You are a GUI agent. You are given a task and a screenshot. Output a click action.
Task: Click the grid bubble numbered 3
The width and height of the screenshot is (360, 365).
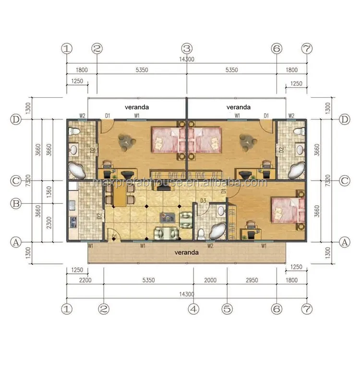(186, 48)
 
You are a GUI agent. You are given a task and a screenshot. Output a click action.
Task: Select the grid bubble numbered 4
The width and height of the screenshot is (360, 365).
(193, 309)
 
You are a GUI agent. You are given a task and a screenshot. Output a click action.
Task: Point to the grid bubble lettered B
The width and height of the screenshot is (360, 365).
(16, 204)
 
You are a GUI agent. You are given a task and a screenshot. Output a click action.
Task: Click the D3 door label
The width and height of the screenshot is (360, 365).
(203, 200)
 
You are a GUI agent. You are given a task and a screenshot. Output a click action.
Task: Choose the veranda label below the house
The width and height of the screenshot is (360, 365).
(185, 252)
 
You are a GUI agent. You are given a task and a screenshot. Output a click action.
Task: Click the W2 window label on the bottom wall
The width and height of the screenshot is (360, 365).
(210, 246)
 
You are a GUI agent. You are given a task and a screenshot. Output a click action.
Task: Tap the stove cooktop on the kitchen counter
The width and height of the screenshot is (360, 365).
(73, 222)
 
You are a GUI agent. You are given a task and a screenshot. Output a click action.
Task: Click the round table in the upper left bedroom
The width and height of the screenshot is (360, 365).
(127, 140)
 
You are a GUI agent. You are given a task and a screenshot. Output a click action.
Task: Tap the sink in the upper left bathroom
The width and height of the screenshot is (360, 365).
(74, 150)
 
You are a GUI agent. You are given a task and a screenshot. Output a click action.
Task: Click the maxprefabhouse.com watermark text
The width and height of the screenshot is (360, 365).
(180, 183)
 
